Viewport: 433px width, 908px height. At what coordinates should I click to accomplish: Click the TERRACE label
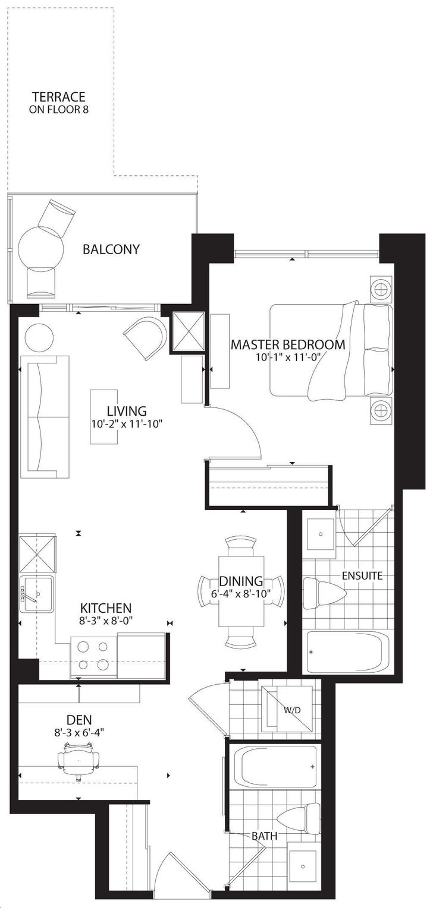59,97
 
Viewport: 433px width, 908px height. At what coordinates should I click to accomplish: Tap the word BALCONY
111,249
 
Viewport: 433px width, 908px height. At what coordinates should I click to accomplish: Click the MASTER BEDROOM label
288,344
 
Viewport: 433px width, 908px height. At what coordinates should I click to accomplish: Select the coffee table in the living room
104,417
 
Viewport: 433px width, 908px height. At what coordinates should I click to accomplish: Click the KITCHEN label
105,608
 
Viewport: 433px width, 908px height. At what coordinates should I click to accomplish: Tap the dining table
241,591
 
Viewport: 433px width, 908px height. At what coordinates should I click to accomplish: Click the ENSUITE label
362,575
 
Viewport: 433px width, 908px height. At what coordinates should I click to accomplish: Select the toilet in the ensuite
324,593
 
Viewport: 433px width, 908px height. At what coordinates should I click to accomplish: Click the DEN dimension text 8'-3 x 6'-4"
79,732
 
